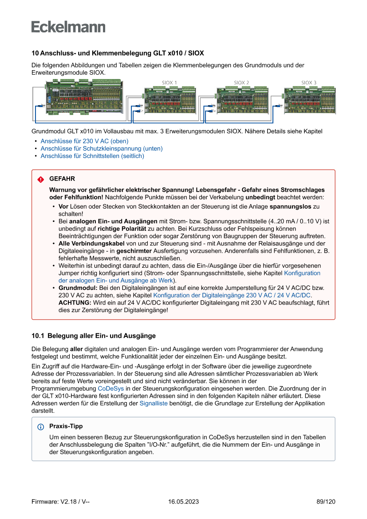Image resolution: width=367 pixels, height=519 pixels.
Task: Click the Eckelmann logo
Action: pyautogui.click(x=68, y=27)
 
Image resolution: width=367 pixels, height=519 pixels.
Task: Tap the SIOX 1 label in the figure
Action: pyautogui.click(x=170, y=83)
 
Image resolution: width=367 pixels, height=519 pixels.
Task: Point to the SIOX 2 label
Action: pyautogui.click(x=241, y=83)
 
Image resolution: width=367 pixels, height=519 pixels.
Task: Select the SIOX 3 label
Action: pyautogui.click(x=309, y=83)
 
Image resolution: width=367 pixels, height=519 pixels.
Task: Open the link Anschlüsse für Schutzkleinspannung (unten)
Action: pyautogui.click(x=102, y=149)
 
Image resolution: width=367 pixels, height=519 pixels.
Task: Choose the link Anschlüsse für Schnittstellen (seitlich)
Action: pyautogui.click(x=92, y=156)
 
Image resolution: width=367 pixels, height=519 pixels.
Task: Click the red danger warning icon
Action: pyautogui.click(x=41, y=179)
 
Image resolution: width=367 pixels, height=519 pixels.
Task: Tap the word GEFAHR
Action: pyautogui.click(x=62, y=179)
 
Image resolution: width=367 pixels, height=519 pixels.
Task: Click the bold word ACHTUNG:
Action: pyautogui.click(x=75, y=302)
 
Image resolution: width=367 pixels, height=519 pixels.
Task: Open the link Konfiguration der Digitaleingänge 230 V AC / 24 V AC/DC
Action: pyautogui.click(x=232, y=295)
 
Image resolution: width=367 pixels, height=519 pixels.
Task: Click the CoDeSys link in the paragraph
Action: pyautogui.click(x=111, y=388)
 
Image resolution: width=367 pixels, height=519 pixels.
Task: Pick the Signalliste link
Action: pyautogui.click(x=154, y=404)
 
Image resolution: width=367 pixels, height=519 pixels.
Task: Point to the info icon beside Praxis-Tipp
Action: pyautogui.click(x=41, y=427)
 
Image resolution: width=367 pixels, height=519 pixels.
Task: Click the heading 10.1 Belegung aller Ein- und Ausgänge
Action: pyautogui.click(x=94, y=336)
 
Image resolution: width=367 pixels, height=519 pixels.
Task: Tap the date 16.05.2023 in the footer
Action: pyautogui.click(x=183, y=502)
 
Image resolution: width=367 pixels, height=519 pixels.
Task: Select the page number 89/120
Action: pyautogui.click(x=326, y=502)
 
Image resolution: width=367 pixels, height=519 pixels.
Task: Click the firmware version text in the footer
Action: pyautogui.click(x=61, y=502)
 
